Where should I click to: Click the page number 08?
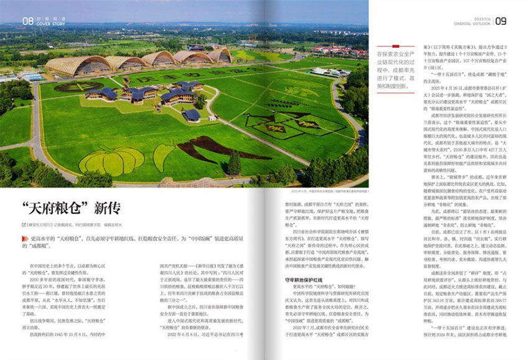(x=27, y=21)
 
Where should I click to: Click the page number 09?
(x=500, y=21)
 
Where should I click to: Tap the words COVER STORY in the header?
(x=48, y=25)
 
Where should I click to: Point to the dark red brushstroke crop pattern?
(x=205, y=149)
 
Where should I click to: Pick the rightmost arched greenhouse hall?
(x=219, y=56)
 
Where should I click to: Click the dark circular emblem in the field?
(x=79, y=87)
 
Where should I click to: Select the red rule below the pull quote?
(x=394, y=92)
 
